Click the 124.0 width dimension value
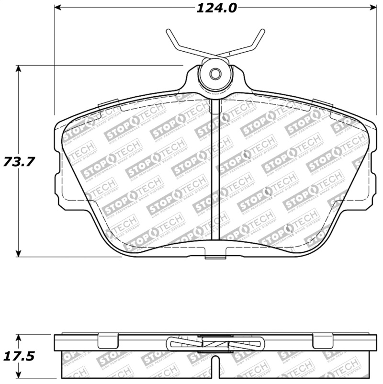215,8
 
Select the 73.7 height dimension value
19,162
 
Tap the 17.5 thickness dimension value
19,357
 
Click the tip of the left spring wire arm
168,31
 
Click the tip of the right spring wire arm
263,31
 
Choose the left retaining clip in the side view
108,341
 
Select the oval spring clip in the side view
215,344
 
